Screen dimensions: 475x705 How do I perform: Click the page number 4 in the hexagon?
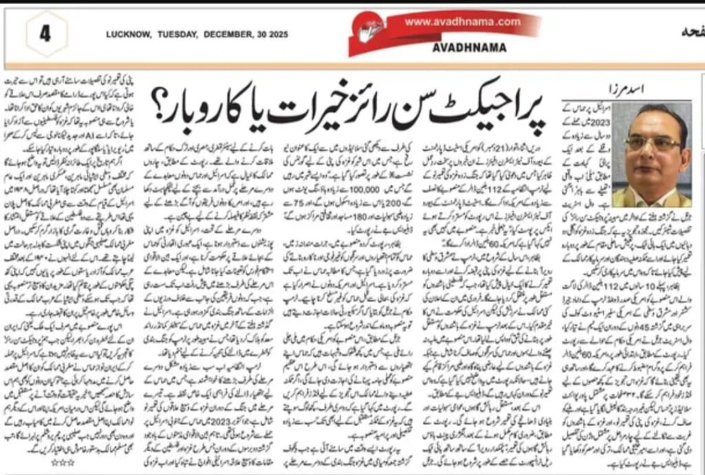pyautogui.click(x=45, y=34)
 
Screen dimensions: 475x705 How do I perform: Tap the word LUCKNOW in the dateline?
pyautogui.click(x=126, y=34)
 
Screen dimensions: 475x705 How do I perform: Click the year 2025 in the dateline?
pyautogui.click(x=277, y=34)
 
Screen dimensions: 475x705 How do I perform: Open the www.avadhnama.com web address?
pyautogui.click(x=462, y=22)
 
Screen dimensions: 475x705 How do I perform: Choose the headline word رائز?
pyautogui.click(x=386, y=103)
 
